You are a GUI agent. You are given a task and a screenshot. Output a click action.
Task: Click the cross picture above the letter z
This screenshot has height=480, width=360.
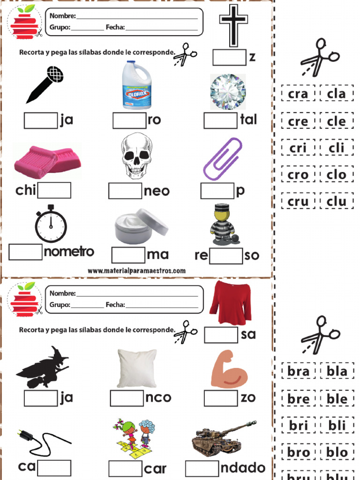click(x=233, y=26)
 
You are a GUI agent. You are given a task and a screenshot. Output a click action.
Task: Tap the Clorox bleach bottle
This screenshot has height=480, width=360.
click(x=137, y=85)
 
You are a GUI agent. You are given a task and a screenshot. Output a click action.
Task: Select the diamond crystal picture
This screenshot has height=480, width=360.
click(x=228, y=91)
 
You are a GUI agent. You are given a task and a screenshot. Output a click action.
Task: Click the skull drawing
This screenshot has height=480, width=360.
click(x=136, y=156)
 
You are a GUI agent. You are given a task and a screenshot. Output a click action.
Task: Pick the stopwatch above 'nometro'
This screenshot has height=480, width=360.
click(x=51, y=224)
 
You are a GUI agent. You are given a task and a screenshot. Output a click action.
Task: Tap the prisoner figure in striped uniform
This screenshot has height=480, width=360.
click(x=223, y=225)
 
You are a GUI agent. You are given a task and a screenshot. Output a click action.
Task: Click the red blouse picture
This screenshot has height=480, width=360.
click(x=231, y=302)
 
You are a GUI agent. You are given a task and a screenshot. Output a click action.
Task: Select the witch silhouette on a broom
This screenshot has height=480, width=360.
click(x=43, y=367)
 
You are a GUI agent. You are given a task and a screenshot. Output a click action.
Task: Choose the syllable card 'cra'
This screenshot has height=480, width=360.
click(x=298, y=93)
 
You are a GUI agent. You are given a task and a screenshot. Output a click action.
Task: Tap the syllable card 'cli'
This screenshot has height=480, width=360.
click(x=337, y=148)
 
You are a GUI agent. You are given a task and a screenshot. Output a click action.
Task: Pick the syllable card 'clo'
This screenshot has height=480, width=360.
click(x=337, y=174)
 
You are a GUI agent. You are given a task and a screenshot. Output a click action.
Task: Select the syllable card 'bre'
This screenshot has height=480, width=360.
click(x=299, y=398)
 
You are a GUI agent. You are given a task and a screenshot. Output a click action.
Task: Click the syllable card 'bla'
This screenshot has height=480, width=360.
click(x=337, y=371)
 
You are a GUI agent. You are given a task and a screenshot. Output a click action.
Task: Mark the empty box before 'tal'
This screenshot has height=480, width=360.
click(x=221, y=120)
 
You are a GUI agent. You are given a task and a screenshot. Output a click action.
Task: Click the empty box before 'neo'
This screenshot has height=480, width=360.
click(x=125, y=191)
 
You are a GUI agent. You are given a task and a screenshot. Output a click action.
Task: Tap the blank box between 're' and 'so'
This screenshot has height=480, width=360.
click(x=226, y=255)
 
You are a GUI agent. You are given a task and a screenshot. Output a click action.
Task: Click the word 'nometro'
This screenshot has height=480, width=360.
click(x=69, y=252)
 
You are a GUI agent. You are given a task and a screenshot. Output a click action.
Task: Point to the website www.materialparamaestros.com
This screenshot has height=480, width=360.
click(x=136, y=270)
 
